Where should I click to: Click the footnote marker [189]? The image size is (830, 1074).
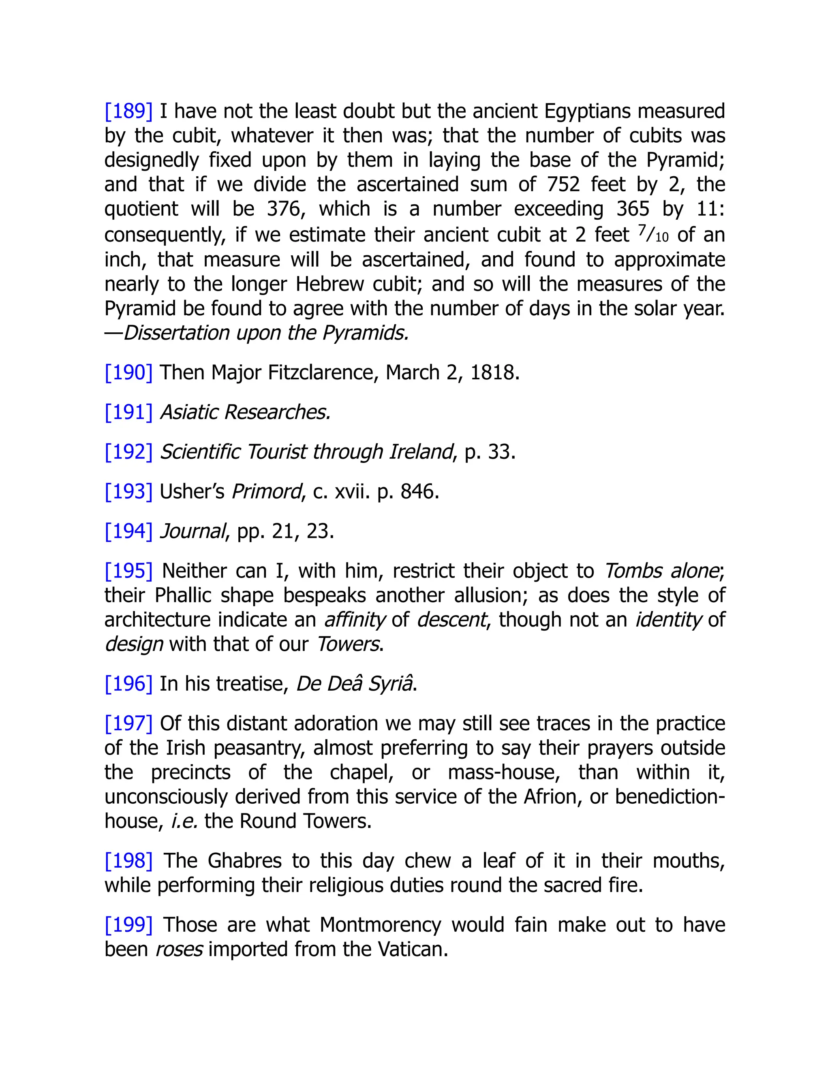128,111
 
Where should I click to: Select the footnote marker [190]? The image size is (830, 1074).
128,372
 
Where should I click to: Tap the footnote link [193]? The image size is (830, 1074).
128,491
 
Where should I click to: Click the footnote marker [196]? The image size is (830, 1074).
128,684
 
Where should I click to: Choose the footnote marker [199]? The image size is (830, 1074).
128,924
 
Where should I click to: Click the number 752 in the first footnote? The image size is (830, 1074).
563,184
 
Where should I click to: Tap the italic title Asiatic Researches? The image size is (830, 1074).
245,412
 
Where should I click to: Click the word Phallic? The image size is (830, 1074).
183,595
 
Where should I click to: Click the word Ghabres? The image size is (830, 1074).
244,860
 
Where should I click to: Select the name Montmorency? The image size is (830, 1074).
380,924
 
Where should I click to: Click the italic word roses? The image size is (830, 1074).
179,949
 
